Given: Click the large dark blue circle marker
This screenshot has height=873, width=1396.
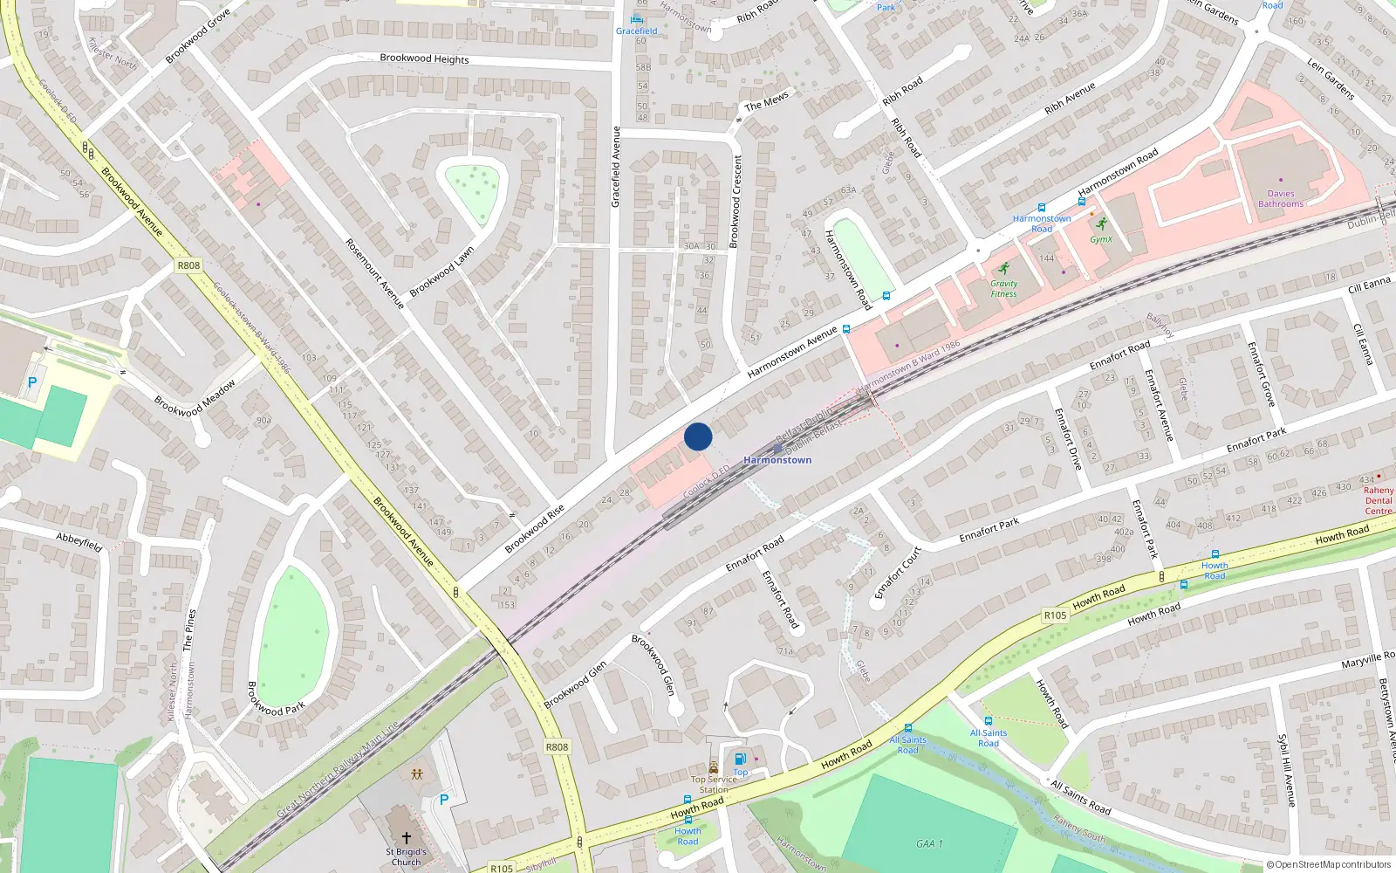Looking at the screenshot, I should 698,436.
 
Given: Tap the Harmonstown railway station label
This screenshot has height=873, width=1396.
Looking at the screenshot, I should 777,460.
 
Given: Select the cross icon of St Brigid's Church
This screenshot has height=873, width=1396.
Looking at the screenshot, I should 406,838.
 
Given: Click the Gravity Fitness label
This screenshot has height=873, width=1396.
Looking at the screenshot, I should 1003,289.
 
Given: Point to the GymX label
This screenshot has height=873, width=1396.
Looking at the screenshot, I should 1101,239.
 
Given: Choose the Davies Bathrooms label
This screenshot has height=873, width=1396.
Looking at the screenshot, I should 1281,199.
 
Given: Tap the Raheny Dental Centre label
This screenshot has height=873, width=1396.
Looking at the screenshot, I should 1379,500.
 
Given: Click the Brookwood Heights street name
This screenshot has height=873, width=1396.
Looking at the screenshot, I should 424,58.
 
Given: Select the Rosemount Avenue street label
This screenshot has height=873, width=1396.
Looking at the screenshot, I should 375,273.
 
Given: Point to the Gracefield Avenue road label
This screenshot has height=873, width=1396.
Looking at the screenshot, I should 616,167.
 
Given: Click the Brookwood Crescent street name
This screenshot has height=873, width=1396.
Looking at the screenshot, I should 736,202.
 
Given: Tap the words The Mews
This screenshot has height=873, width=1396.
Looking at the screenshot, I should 766,103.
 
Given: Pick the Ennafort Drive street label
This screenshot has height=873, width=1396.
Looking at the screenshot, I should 1067,439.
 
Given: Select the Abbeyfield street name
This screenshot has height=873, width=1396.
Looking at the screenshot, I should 79,541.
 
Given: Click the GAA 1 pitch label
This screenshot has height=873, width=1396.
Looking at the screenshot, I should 929,843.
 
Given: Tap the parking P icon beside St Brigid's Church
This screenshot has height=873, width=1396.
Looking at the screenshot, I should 444,800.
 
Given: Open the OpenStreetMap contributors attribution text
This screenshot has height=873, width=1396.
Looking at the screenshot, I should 1329,864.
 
